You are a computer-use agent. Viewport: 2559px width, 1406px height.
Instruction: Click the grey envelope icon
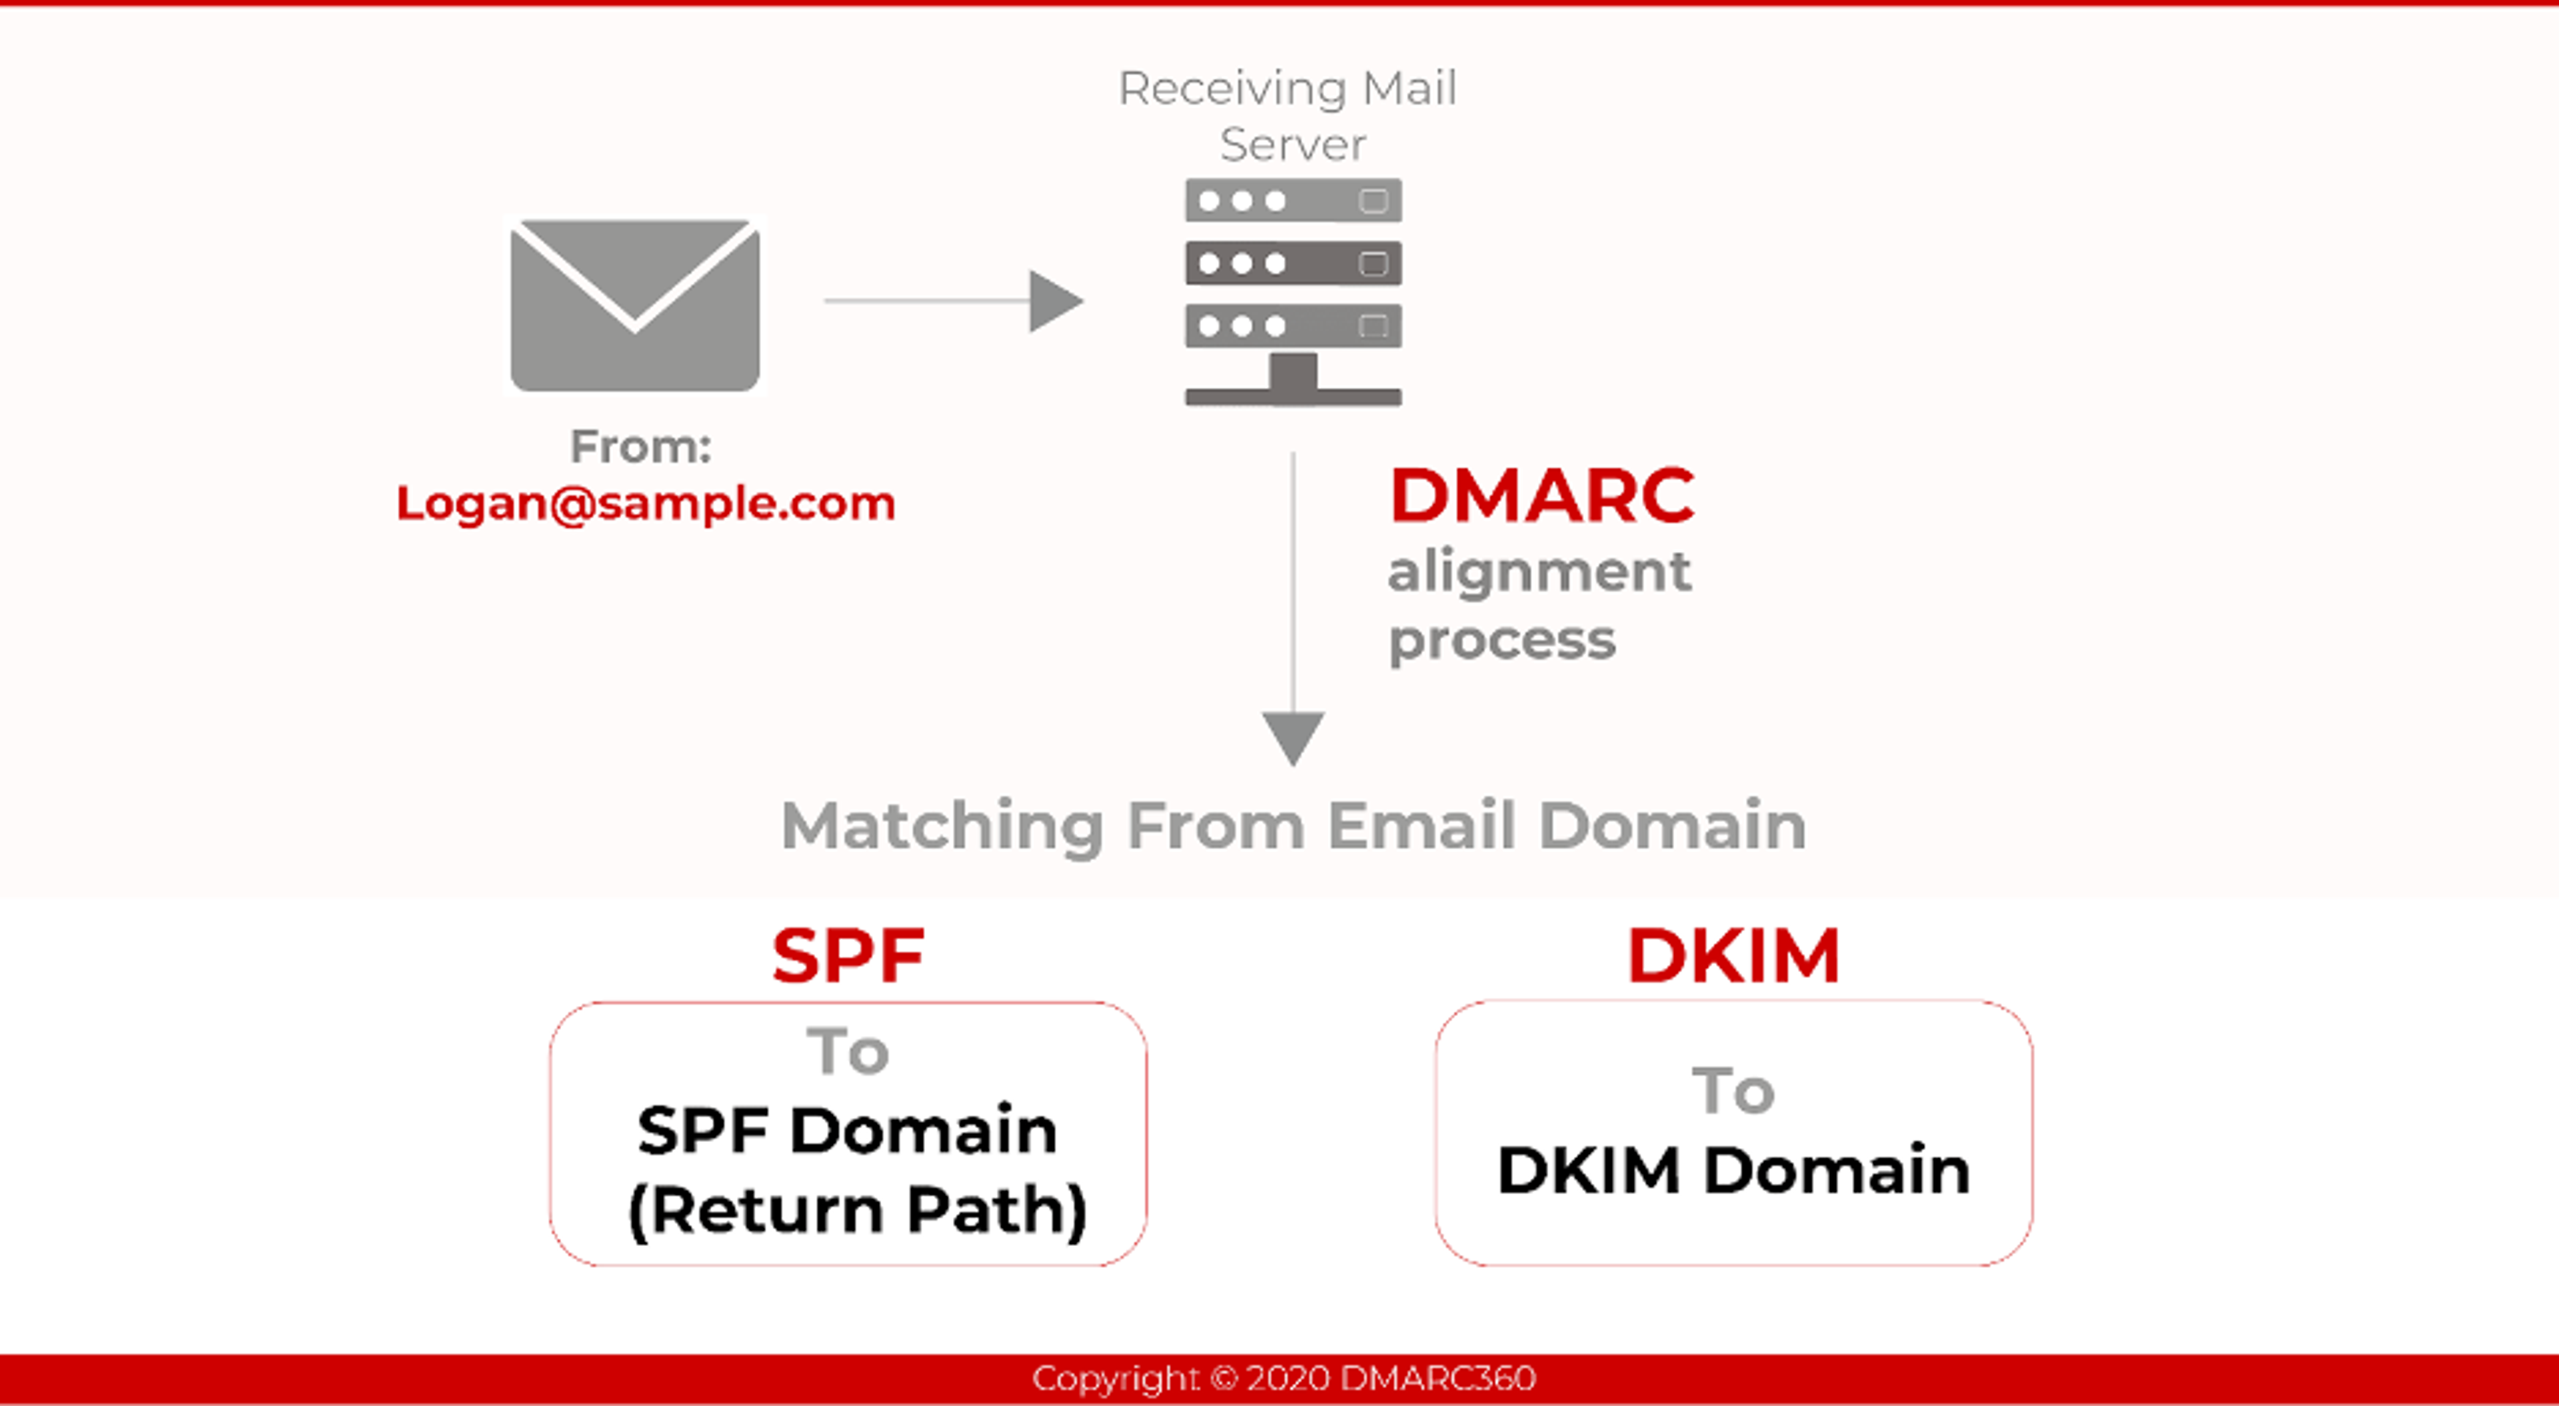coord(635,305)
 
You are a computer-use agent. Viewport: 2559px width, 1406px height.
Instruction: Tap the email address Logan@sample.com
coord(646,503)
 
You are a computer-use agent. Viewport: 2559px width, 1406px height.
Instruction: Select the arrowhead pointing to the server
coord(1055,300)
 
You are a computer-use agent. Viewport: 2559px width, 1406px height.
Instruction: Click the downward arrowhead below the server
coord(1292,736)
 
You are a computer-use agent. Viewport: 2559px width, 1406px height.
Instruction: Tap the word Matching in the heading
coord(942,827)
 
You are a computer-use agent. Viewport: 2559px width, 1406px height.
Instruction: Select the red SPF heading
coord(848,956)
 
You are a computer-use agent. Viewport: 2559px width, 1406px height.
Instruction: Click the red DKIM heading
coord(1733,956)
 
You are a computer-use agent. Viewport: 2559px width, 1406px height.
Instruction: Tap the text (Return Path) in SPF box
coord(857,1210)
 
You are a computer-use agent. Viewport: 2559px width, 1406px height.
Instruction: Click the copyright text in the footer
coord(1283,1378)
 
